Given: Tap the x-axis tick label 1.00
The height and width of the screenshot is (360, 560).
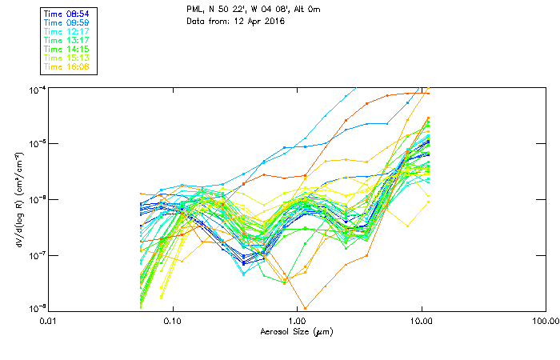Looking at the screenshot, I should [x=297, y=321].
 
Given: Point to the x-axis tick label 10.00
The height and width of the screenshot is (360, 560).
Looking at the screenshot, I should [x=421, y=321].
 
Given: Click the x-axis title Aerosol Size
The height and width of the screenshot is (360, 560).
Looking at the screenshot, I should [x=296, y=330].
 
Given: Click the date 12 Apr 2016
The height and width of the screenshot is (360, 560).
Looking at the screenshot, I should [x=258, y=21].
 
